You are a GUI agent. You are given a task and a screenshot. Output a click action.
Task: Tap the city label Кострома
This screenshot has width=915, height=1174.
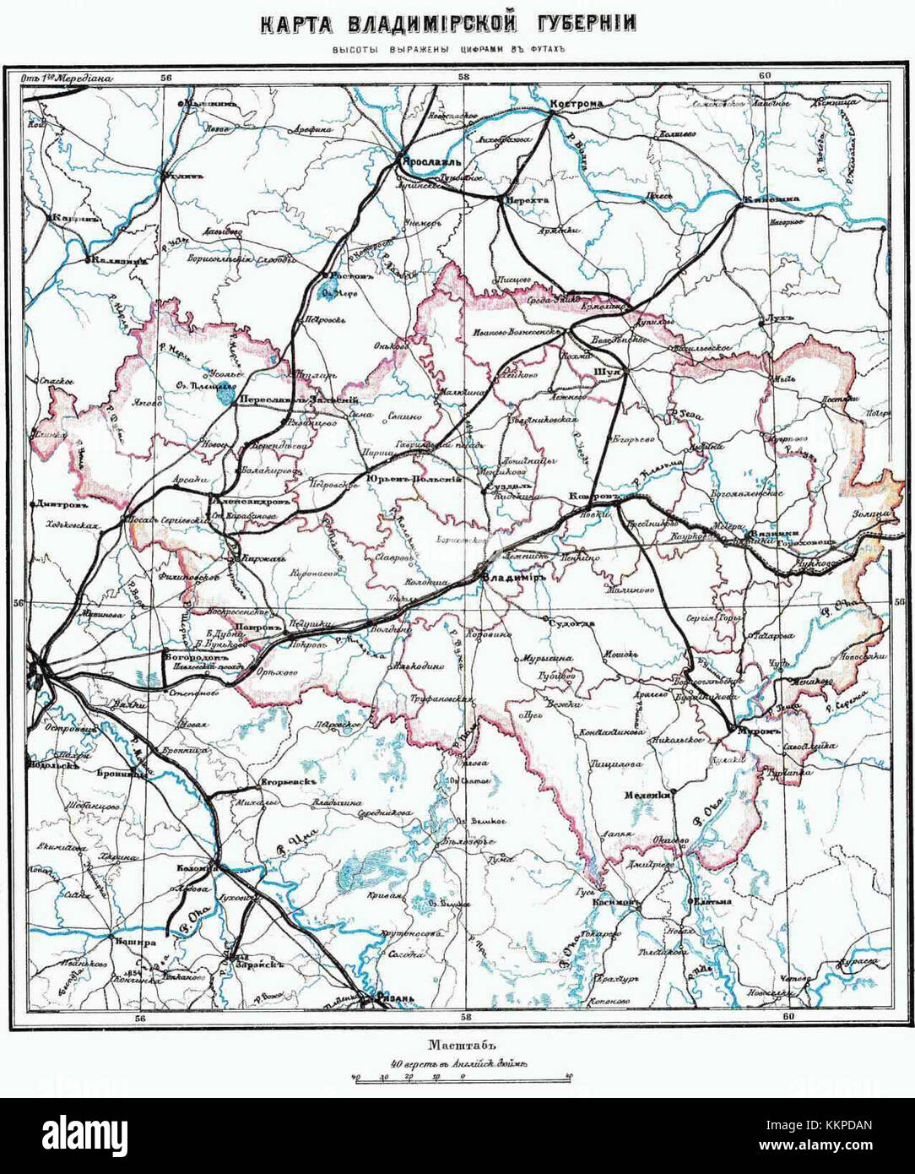[577, 105]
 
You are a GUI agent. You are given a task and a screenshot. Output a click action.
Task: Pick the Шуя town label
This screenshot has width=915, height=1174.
[609, 372]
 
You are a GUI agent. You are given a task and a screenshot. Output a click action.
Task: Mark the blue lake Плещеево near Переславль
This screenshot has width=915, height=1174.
[224, 392]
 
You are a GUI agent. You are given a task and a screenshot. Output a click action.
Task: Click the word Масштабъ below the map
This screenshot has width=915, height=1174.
[458, 1044]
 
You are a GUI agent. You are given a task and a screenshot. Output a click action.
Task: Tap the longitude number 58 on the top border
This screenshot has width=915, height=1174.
[463, 77]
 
